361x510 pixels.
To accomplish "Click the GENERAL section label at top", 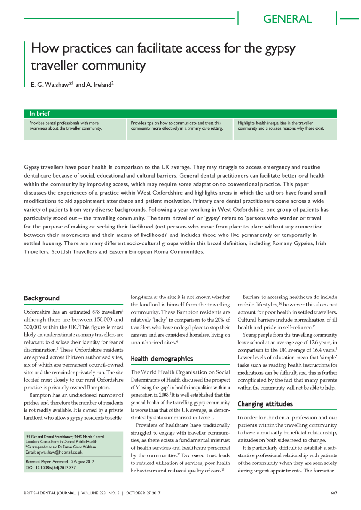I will pos(287,19).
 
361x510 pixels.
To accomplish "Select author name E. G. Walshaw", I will pos(48,85).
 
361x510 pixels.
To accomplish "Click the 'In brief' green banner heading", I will pos(40,113).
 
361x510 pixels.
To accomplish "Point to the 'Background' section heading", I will pos(42,298).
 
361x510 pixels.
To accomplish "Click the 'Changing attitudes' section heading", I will pos(265,404).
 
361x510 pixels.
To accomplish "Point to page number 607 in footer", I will pos(334,493).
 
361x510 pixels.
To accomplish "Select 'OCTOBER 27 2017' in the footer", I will pos(142,493).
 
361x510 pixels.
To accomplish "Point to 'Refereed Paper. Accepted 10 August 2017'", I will pos(60,462).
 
